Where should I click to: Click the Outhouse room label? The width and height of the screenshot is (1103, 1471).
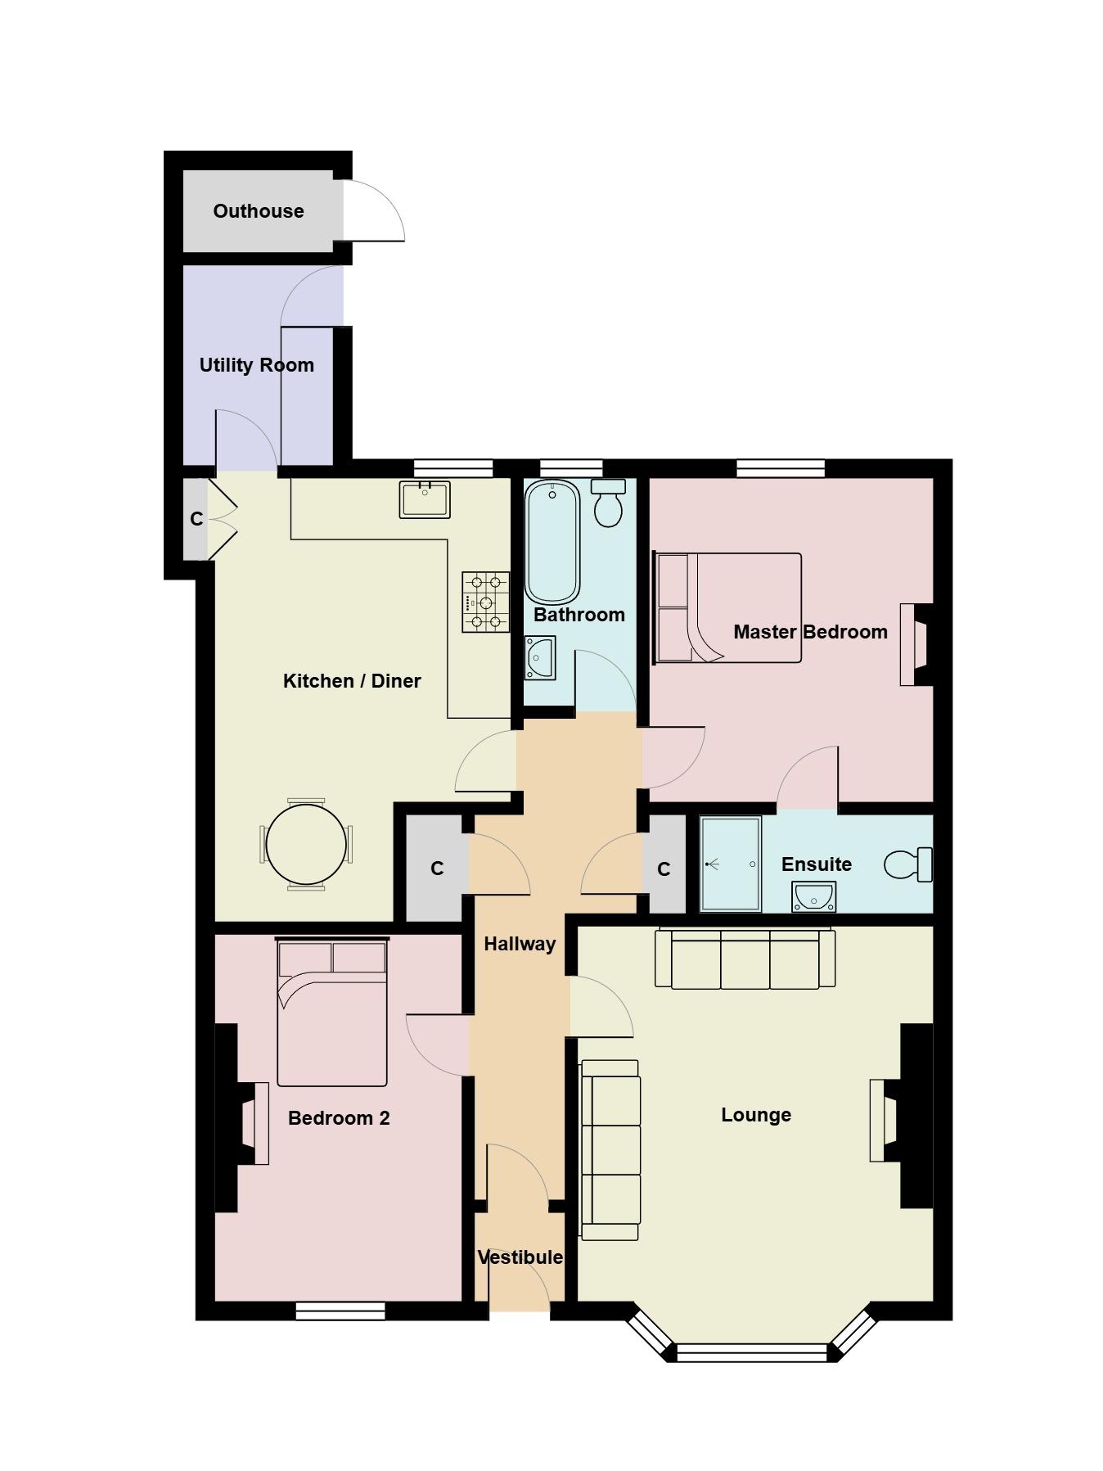coord(259,211)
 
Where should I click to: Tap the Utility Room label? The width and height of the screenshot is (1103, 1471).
coord(257,365)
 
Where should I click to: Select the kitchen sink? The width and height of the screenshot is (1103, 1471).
coord(425,500)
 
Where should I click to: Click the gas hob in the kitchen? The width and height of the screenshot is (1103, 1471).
coord(485,602)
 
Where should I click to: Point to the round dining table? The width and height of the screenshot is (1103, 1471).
coord(307,844)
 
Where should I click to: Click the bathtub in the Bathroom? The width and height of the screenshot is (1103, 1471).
coord(552,542)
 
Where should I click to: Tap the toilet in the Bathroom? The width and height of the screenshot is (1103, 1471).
coord(608,503)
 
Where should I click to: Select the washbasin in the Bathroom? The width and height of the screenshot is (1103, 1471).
coord(540,657)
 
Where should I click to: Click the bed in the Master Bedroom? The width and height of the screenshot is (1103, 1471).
coord(727,607)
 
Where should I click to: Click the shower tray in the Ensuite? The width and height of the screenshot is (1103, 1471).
coord(731,864)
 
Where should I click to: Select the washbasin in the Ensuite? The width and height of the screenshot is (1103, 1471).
coord(814,897)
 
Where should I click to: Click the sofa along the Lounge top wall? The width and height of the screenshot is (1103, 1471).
coord(745,959)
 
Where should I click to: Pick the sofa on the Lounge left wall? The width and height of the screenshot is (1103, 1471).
coord(610,1150)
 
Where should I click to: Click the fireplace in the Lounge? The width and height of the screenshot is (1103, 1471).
coord(901,1116)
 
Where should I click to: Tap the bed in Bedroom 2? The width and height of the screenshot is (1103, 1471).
coord(332,1013)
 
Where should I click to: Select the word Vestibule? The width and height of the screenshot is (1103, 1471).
coord(520,1257)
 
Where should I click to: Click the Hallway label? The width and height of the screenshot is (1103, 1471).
coord(520,944)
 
